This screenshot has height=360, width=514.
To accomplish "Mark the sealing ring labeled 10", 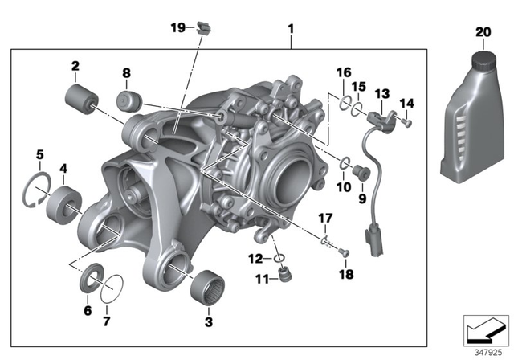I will coord(344,165).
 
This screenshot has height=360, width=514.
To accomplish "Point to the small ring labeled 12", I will coord(278,259).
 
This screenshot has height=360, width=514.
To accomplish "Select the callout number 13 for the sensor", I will coord(381,93).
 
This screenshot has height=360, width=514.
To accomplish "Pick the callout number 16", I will coord(343,73).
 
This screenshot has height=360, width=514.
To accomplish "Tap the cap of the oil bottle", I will coord(482,59).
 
